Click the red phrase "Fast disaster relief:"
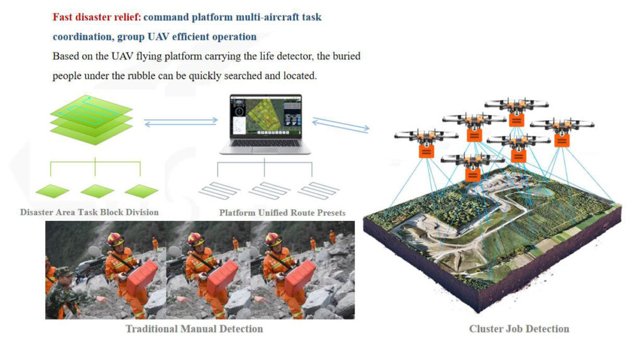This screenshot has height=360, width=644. pyautogui.click(x=97, y=17)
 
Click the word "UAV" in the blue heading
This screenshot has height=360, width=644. pyautogui.click(x=158, y=37)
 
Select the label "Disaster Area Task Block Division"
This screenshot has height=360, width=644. pyautogui.click(x=89, y=212)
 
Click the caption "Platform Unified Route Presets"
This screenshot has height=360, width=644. pyautogui.click(x=282, y=213)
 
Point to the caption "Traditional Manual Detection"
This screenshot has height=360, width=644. pyautogui.click(x=194, y=329)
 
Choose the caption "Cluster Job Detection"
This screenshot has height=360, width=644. pyautogui.click(x=519, y=329)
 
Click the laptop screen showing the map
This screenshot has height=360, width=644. pyautogui.click(x=266, y=116)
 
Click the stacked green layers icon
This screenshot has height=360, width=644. pyautogui.click(x=91, y=120)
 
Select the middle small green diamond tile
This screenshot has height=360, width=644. pyautogui.click(x=97, y=191)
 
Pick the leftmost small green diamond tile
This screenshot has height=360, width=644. pyautogui.click(x=52, y=191)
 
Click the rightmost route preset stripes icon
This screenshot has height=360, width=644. pyautogui.click(x=319, y=190)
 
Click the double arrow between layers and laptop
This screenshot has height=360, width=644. pyautogui.click(x=180, y=121)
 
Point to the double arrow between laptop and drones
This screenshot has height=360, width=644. pyautogui.click(x=340, y=125)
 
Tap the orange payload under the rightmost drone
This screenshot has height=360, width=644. pyautogui.click(x=562, y=140)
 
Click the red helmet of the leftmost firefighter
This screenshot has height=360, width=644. pyautogui.click(x=116, y=239)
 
